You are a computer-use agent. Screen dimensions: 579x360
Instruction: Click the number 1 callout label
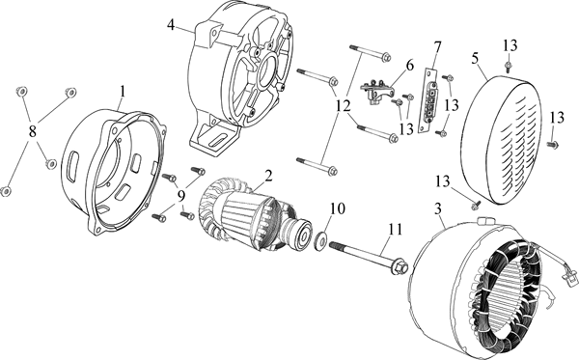pyautogui.click(x=123, y=92)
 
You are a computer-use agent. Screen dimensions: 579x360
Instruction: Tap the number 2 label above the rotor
pyautogui.click(x=268, y=176)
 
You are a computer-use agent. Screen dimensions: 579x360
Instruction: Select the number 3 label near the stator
pyautogui.click(x=438, y=209)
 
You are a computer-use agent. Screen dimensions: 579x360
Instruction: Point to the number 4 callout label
pyautogui.click(x=171, y=25)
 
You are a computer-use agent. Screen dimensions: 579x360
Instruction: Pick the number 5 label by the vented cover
pyautogui.click(x=475, y=58)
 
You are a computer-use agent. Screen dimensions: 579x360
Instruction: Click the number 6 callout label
pyautogui.click(x=410, y=66)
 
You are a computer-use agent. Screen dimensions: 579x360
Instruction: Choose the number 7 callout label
pyautogui.click(x=437, y=47)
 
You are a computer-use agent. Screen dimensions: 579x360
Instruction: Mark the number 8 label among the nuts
pyautogui.click(x=33, y=131)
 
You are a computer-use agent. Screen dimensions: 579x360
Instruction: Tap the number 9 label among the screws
pyautogui.click(x=181, y=196)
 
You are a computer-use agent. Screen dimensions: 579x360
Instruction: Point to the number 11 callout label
pyautogui.click(x=395, y=230)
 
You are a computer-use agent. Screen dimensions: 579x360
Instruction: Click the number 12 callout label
pyautogui.click(x=344, y=107)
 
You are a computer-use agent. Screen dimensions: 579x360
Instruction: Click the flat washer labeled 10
pyautogui.click(x=319, y=240)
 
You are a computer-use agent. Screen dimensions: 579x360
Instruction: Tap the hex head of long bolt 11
pyautogui.click(x=400, y=267)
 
